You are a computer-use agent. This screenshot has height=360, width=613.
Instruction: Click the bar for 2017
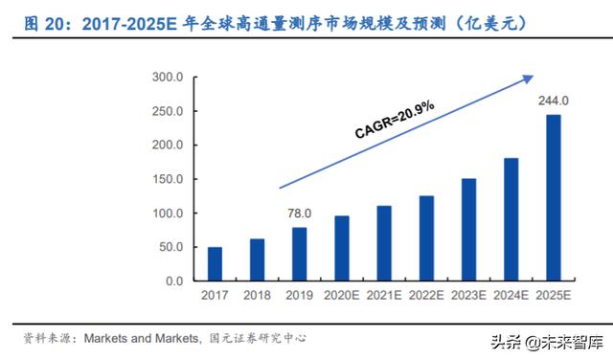[215, 263]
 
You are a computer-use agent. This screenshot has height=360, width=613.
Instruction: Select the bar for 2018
[257, 259]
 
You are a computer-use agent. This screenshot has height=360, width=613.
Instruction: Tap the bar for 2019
[300, 254]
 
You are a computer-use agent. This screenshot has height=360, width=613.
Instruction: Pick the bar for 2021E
[384, 243]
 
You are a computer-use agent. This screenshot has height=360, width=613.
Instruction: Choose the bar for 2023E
[469, 230]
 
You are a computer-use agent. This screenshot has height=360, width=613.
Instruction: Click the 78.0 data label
[300, 214]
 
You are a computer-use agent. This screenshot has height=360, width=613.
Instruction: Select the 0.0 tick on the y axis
[173, 281]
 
